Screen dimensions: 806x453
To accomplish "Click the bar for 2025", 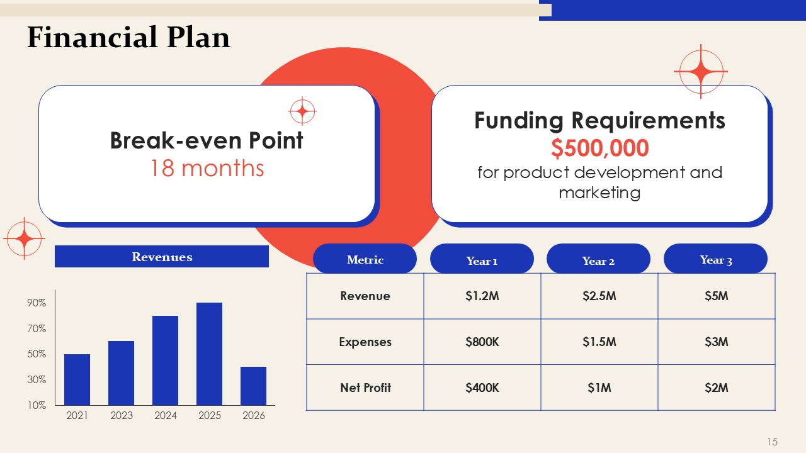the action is (x=209, y=354).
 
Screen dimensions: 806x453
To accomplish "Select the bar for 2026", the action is (x=253, y=386).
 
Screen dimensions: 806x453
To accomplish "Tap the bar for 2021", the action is (x=77, y=379).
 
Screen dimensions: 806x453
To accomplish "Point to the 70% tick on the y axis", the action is (x=37, y=328).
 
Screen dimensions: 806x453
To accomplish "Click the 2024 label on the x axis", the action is (x=166, y=416).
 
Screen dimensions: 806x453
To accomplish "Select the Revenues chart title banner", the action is (x=162, y=256).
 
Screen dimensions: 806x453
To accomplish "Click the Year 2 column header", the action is (x=598, y=259).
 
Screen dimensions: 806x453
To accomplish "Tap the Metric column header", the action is (x=365, y=259).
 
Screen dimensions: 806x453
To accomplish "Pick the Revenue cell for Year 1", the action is (x=482, y=296).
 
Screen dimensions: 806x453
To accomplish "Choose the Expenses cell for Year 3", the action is (x=717, y=342).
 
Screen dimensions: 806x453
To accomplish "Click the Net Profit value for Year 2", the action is (x=599, y=388).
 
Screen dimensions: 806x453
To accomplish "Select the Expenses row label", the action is (x=365, y=342).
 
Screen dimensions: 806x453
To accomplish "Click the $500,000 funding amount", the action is (x=600, y=148).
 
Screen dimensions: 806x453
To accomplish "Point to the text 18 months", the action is (x=207, y=168).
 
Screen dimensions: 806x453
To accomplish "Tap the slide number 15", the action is (x=772, y=442).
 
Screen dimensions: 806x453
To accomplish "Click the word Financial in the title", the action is (x=93, y=37).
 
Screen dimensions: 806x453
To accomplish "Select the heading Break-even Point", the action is (x=207, y=140).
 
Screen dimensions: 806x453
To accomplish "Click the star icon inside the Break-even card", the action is (x=302, y=111).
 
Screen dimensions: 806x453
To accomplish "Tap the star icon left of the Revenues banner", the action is (x=24, y=238).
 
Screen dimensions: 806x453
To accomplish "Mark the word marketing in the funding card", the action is (x=599, y=193).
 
